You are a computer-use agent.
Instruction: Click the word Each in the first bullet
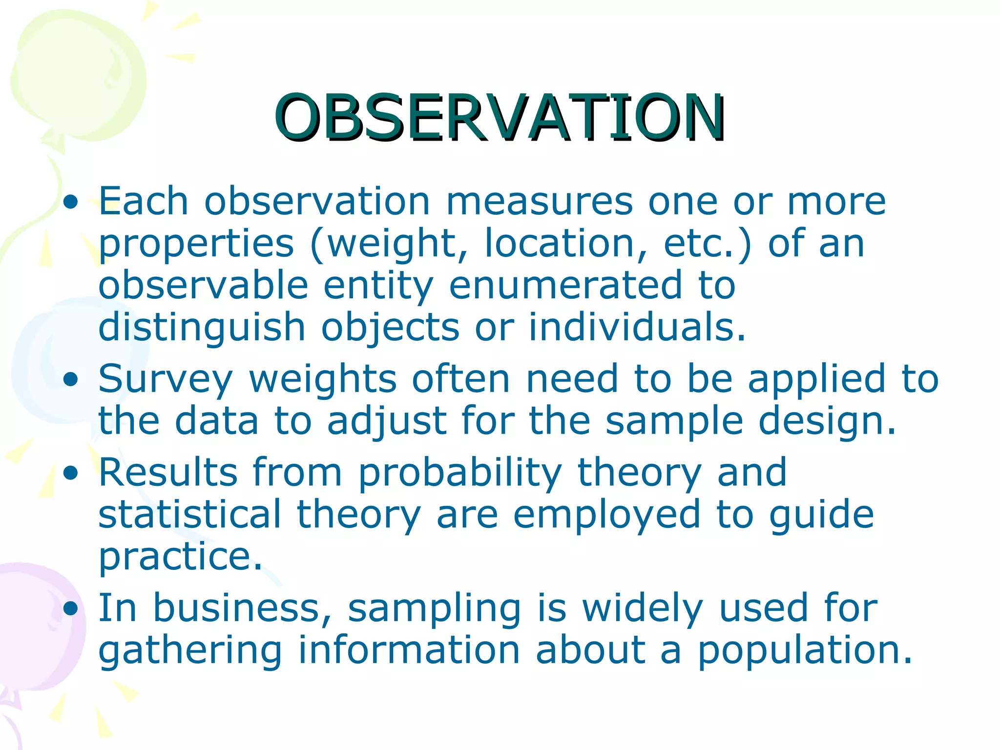click(143, 201)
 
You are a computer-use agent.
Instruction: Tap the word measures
click(539, 201)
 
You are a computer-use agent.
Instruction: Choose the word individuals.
click(637, 327)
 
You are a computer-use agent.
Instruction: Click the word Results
click(168, 473)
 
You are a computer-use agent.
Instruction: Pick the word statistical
click(190, 514)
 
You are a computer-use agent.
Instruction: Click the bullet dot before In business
click(71, 608)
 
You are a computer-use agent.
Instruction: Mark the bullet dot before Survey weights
click(71, 380)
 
